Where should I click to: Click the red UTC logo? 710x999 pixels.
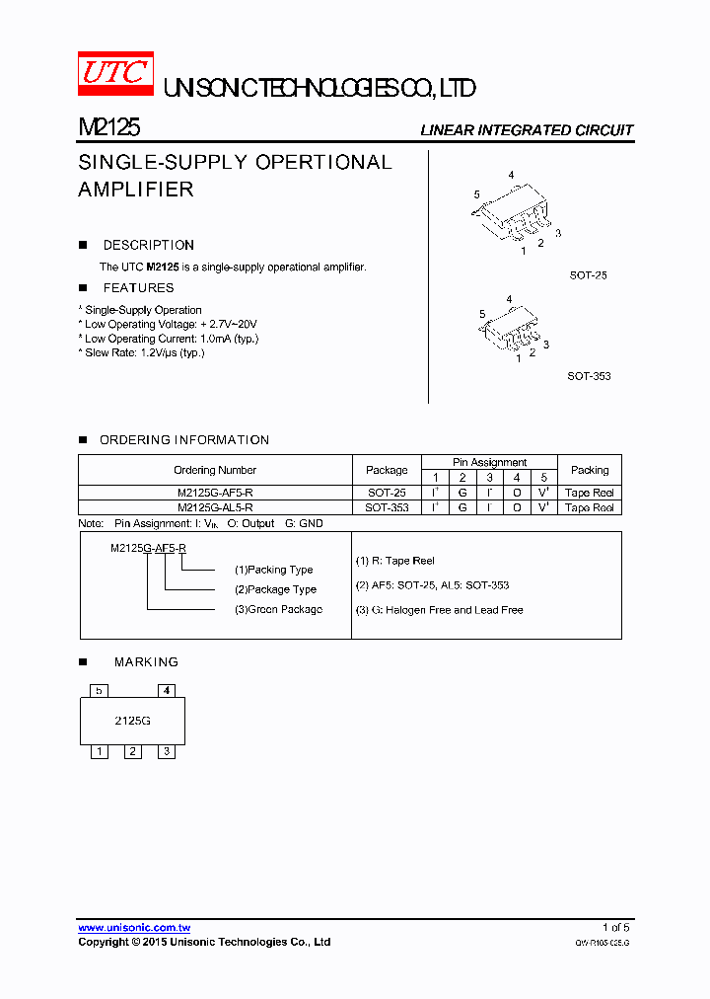click(115, 73)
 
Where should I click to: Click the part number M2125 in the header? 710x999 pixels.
click(108, 127)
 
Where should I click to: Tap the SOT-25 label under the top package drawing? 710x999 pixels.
click(588, 275)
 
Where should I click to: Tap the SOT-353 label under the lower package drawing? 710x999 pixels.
click(589, 376)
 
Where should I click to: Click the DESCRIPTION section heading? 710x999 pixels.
click(148, 245)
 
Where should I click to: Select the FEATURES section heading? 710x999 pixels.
click(138, 288)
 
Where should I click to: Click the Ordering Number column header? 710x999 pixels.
click(215, 470)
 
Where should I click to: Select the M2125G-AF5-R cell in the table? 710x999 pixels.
click(215, 493)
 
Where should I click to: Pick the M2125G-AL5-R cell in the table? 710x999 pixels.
click(215, 507)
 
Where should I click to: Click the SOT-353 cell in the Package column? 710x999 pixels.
click(387, 507)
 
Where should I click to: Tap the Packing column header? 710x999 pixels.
click(590, 470)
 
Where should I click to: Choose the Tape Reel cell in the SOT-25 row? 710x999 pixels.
click(590, 493)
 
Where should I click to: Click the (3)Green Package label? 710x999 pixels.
click(278, 609)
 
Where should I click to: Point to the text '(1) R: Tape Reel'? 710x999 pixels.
click(394, 561)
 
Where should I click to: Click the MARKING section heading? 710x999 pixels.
click(146, 662)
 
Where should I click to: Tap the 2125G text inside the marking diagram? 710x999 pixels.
click(133, 721)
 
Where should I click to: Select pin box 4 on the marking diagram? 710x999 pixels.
click(167, 691)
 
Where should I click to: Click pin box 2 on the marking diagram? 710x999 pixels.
click(133, 752)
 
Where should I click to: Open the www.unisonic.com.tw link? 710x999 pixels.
click(134, 928)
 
